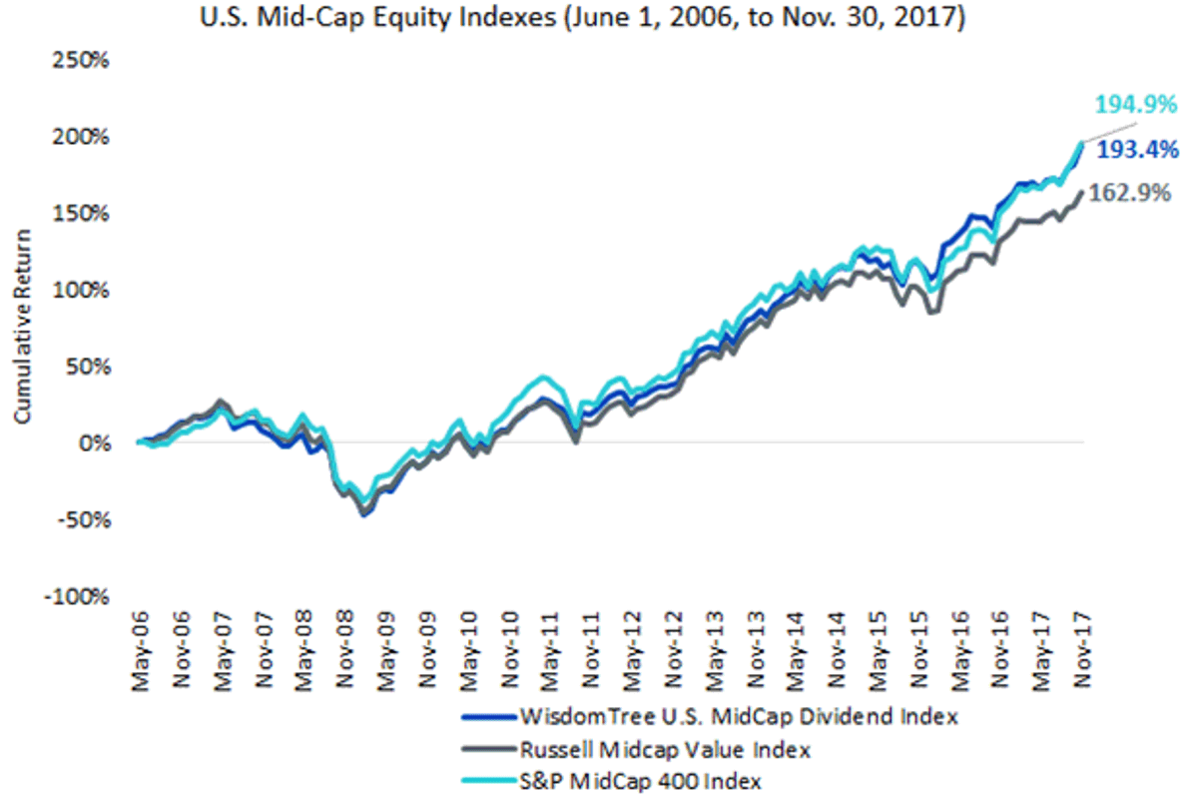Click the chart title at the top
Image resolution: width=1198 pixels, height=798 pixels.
click(582, 17)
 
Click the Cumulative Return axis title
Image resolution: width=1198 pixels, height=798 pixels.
click(22, 327)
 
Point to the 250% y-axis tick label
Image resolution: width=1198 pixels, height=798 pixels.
click(80, 60)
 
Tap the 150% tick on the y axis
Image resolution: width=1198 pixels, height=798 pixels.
click(80, 214)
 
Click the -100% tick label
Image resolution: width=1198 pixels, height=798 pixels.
click(77, 596)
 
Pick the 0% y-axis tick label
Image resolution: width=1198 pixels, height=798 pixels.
click(94, 443)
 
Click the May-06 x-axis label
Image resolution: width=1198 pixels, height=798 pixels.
click(140, 651)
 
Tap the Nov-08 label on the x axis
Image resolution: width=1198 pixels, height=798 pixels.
click(345, 650)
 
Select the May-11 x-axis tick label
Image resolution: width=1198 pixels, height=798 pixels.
click(550, 651)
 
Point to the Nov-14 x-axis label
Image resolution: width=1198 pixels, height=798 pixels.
click(838, 650)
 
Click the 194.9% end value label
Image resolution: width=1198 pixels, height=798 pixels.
click(1136, 104)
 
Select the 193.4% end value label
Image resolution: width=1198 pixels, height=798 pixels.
click(1137, 150)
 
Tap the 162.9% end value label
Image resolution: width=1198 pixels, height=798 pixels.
click(1129, 193)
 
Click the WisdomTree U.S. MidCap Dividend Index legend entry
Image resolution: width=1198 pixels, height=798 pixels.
click(710, 717)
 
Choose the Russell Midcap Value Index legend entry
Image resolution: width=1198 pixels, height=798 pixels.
click(636, 750)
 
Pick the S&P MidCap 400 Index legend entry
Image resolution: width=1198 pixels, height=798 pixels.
click(611, 782)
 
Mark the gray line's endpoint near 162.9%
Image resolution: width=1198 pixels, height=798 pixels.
click(1082, 192)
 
